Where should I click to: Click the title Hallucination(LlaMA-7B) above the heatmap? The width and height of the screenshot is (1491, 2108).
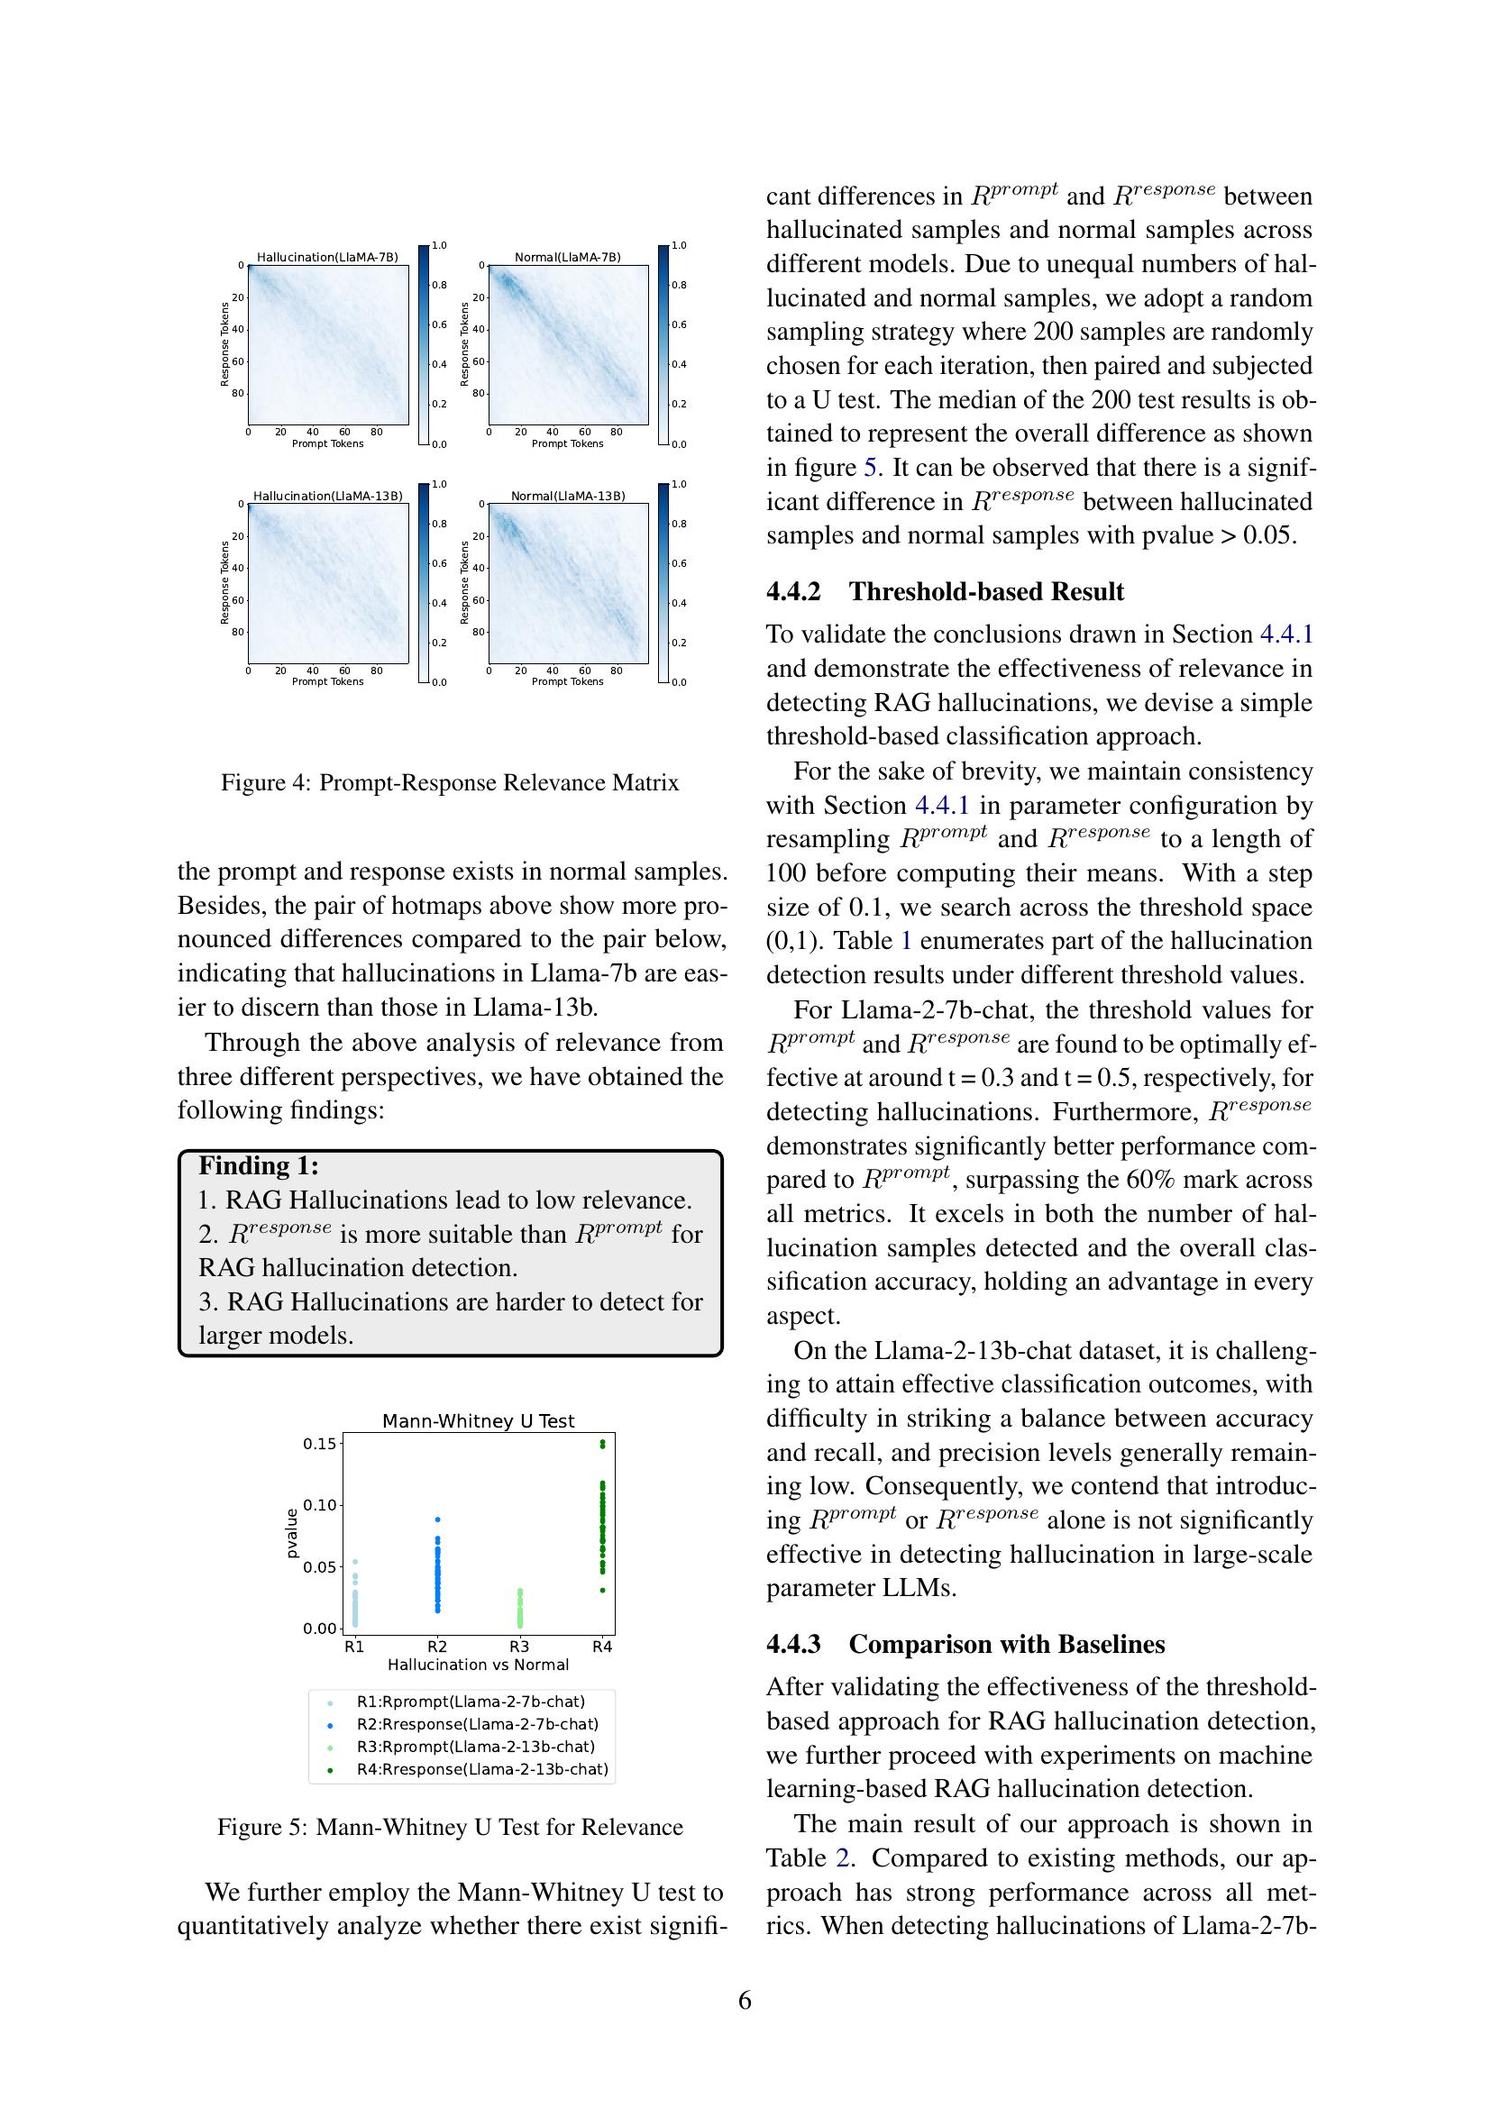(327, 257)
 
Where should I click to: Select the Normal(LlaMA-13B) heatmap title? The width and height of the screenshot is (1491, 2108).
(567, 496)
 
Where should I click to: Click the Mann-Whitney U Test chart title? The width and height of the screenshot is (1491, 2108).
(478, 1421)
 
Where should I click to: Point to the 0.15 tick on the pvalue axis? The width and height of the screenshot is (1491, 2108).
(319, 1443)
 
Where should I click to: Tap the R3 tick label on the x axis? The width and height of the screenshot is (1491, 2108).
(518, 1647)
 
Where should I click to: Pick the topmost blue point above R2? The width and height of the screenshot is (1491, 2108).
(437, 1519)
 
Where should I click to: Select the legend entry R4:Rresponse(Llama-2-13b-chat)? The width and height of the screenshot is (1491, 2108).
(482, 1769)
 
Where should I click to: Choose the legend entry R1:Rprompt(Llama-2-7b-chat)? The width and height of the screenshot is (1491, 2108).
(470, 1702)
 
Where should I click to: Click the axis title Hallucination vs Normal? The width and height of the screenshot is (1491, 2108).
(478, 1665)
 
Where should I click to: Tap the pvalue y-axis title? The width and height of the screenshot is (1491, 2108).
(292, 1533)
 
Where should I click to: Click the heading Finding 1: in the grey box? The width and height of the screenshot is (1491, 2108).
(259, 1166)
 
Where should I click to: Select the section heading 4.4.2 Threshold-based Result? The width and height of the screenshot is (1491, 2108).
(945, 591)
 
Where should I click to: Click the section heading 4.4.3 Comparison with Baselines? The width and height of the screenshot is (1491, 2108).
(965, 1644)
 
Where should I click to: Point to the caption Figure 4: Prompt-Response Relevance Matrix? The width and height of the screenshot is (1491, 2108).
(450, 782)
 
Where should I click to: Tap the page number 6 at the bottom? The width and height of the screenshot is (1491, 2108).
(745, 2000)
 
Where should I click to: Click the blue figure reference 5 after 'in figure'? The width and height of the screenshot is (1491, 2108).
(869, 468)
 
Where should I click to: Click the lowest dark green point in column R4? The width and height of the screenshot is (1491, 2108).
(602, 1590)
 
